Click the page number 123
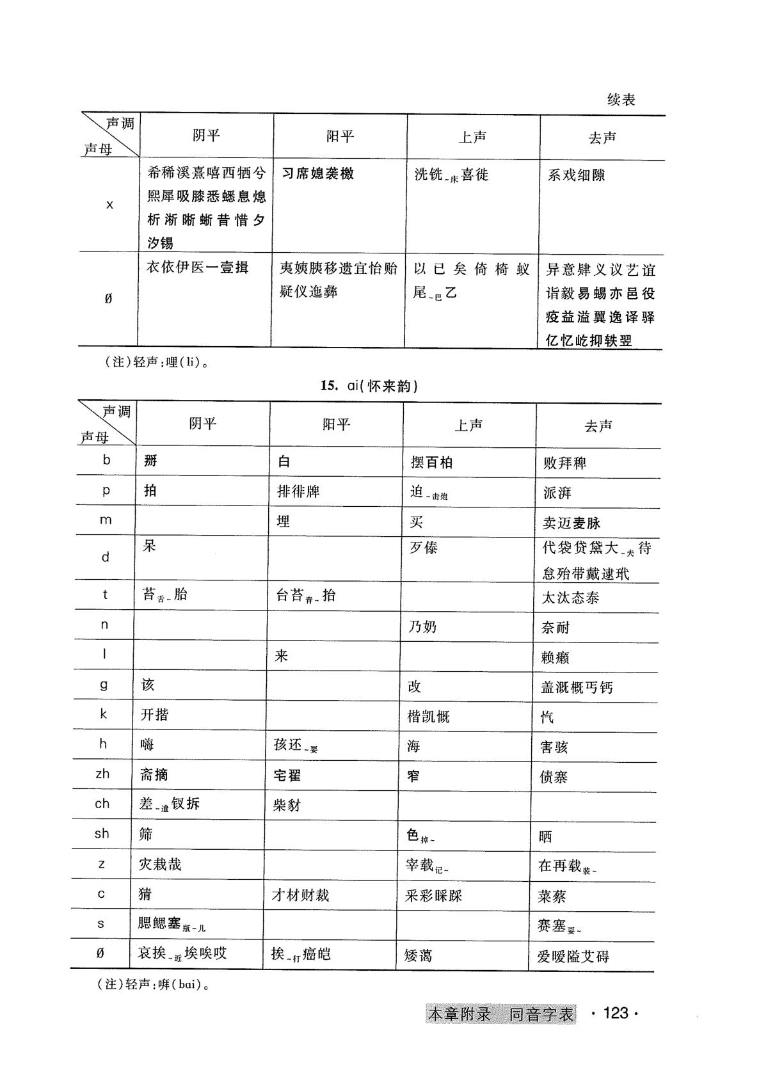tap(615, 1013)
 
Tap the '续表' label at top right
tap(620, 100)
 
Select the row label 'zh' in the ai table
tap(102, 774)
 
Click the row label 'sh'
tap(102, 833)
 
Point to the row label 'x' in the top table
tap(109, 205)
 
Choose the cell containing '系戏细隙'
tap(576, 175)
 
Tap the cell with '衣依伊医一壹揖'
tap(197, 267)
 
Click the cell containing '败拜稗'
tap(564, 463)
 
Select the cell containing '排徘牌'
tap(298, 491)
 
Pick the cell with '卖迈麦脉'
tap(572, 523)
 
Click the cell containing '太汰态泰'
tap(570, 598)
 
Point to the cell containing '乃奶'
tap(422, 626)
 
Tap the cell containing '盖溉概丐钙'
tap(576, 687)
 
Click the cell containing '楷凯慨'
tap(428, 716)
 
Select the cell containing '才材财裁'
tap(300, 895)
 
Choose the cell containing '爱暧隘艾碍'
tap(573, 957)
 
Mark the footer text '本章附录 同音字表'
tap(500, 1014)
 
